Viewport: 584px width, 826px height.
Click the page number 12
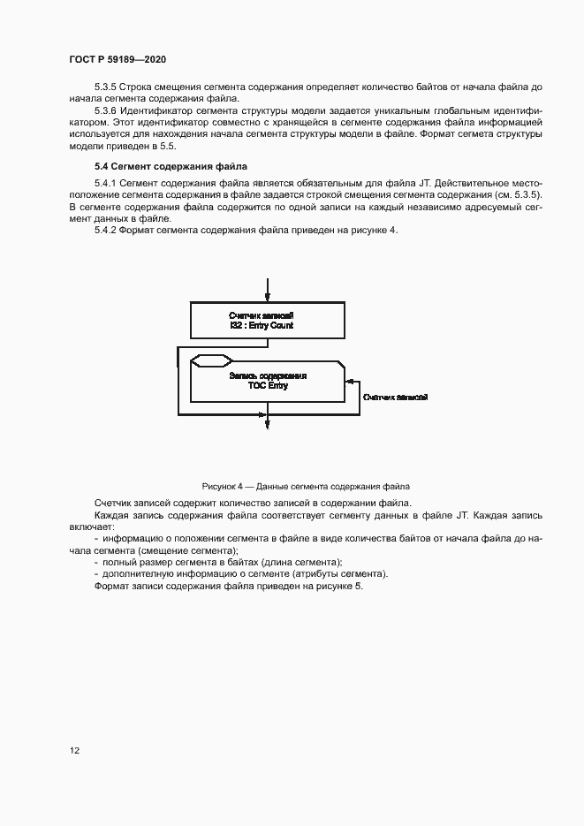click(x=75, y=750)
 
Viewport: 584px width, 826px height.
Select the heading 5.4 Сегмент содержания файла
click(x=171, y=166)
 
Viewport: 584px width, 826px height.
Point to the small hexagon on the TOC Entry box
click(x=212, y=360)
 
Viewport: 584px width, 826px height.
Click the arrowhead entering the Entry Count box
click(x=268, y=298)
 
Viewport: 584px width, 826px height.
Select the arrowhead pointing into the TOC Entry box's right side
click(x=350, y=381)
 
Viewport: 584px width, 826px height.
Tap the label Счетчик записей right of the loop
click(x=395, y=398)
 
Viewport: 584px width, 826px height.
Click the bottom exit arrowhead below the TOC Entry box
click(x=268, y=427)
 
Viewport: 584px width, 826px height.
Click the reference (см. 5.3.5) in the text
click(x=515, y=193)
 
